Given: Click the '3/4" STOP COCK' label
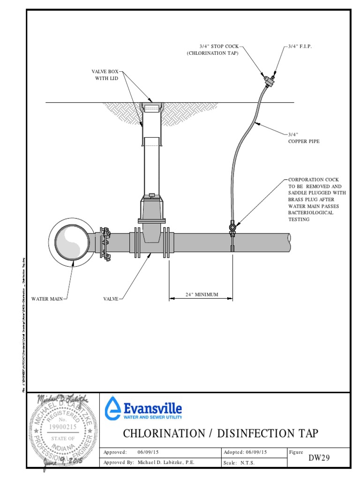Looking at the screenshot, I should click(x=219, y=46).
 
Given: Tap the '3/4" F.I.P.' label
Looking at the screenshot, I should click(x=300, y=46).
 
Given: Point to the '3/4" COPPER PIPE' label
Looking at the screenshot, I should click(x=303, y=138).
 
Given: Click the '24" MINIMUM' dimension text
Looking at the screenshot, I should click(x=202, y=295).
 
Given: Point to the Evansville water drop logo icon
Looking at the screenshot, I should click(x=112, y=407).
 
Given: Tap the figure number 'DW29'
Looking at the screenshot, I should click(x=319, y=458).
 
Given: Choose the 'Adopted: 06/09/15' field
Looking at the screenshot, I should click(x=246, y=452).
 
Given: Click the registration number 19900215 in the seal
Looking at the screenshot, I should click(x=63, y=427).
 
